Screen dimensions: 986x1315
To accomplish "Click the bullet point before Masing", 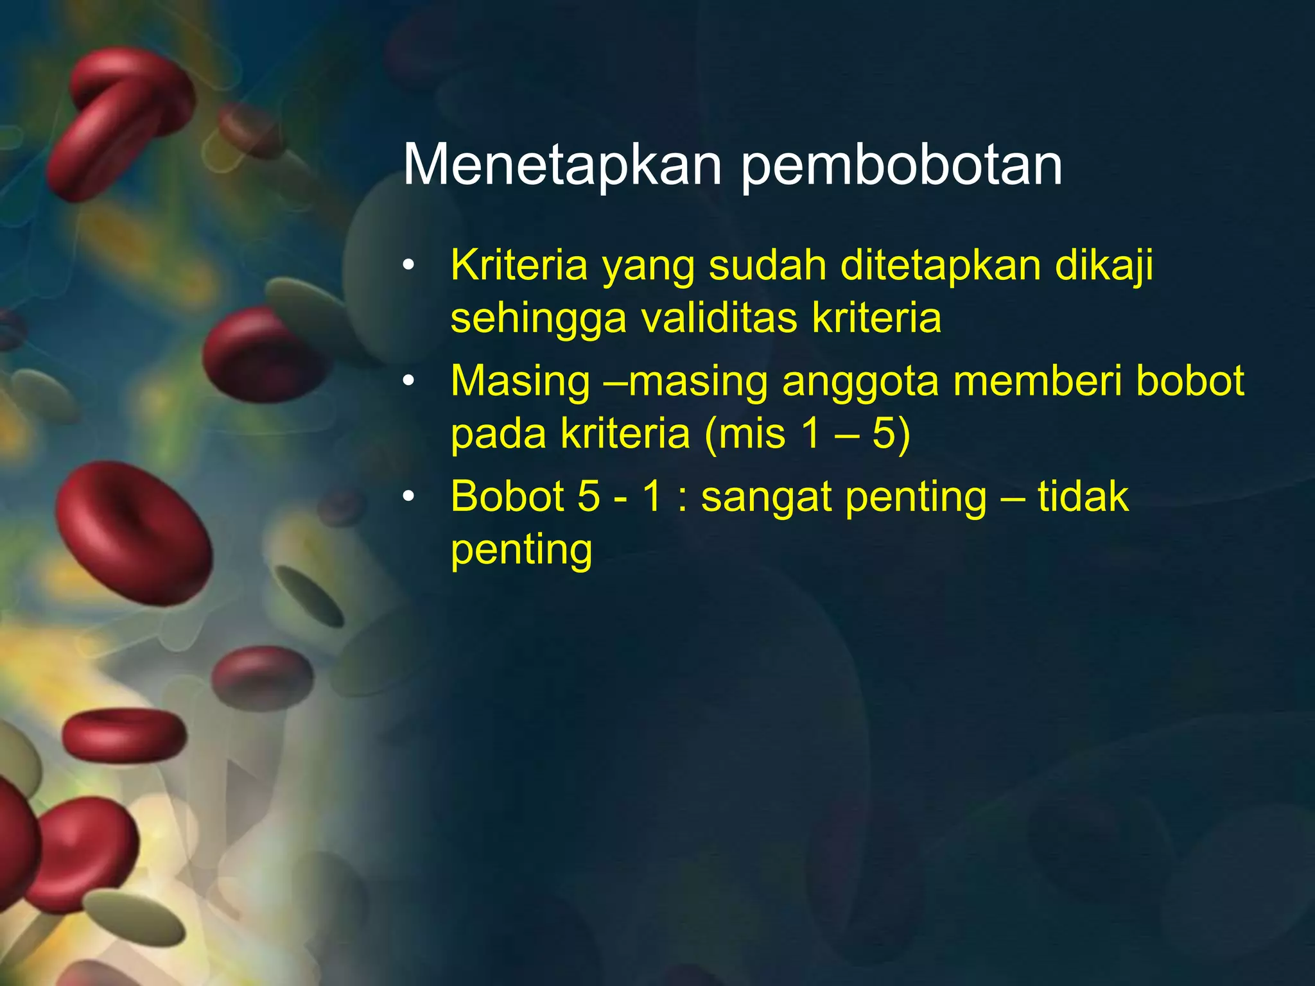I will tap(409, 381).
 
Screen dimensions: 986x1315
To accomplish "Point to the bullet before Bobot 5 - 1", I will tap(409, 496).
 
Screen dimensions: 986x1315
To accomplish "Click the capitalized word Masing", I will tap(520, 382).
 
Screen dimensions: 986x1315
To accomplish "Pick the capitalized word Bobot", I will tap(507, 496).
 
